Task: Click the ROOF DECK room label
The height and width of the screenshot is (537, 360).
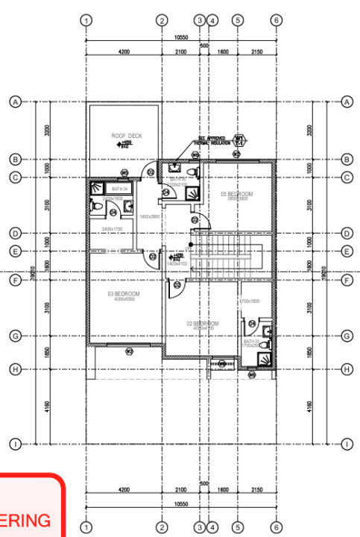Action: [x=127, y=136]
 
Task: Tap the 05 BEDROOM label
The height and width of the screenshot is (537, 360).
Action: [x=237, y=194]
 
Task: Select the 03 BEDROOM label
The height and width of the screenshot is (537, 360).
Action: [x=124, y=294]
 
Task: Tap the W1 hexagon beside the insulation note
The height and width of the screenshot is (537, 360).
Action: [x=240, y=139]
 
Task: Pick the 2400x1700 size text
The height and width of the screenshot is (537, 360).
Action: [x=112, y=228]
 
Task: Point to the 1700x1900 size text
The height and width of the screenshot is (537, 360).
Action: [x=249, y=301]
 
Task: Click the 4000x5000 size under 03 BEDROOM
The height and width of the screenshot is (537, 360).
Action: [x=124, y=300]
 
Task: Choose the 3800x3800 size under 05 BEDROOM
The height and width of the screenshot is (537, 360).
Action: [x=237, y=199]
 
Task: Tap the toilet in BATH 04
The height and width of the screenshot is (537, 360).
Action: [x=96, y=207]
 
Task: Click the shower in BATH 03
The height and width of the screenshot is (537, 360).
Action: [x=262, y=359]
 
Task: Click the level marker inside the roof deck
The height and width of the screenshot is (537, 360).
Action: [x=127, y=144]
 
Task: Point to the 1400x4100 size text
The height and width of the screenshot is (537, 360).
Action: [x=177, y=263]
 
